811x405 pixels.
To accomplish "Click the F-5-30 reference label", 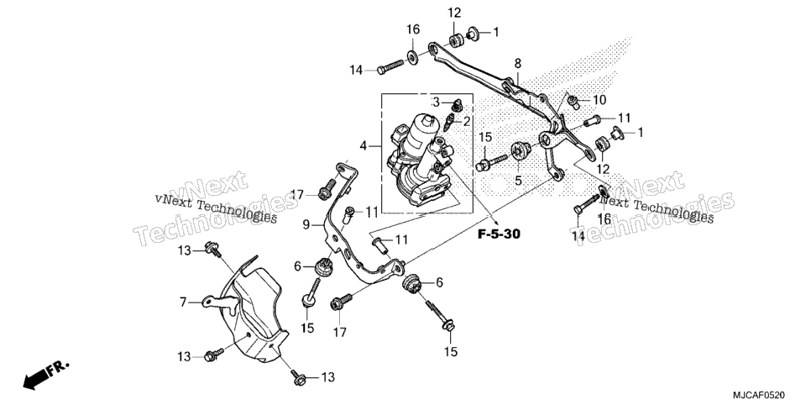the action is tap(499, 234).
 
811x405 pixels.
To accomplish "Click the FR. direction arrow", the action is tap(45, 375).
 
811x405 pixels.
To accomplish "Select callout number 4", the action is tap(363, 146).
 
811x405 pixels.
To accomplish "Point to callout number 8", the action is tap(518, 64).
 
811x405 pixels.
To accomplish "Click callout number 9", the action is tap(306, 225).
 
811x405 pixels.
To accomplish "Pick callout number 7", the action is tap(183, 302).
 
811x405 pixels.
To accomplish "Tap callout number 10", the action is tap(599, 99).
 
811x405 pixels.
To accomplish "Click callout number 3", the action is tap(436, 102).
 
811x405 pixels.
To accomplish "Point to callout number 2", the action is tap(467, 122).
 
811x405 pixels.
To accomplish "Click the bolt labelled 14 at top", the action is tap(390, 67).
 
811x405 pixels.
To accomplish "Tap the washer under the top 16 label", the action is tap(413, 57).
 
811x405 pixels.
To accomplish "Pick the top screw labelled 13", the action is tap(212, 249).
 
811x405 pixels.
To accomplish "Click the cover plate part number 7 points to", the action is tap(247, 310).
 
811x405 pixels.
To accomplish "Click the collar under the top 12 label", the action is tap(455, 39).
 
